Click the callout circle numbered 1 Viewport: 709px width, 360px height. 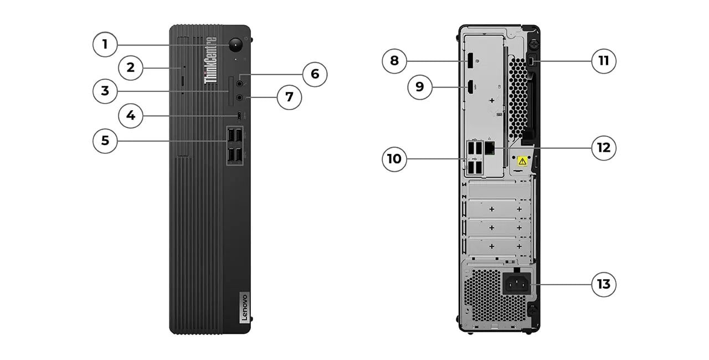(105, 44)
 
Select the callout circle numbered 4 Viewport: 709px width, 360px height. (131, 116)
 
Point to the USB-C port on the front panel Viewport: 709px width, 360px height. (239, 116)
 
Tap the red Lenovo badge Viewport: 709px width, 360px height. (244, 307)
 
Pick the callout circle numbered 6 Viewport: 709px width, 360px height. (315, 74)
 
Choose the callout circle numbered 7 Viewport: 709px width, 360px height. (289, 97)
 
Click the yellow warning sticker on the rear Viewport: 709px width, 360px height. (522, 161)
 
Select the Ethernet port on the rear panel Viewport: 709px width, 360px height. (490, 148)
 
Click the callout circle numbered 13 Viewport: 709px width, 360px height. (603, 284)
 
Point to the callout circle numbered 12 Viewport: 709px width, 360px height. (603, 148)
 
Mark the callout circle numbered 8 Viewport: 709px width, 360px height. (394, 60)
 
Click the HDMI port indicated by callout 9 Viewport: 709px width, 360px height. (469, 87)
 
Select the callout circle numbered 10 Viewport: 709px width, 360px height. (394, 159)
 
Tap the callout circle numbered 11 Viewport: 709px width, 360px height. (603, 60)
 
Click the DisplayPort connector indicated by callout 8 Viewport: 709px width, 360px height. (468, 60)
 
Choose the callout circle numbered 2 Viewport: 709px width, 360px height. (131, 68)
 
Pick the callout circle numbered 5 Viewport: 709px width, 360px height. (105, 141)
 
